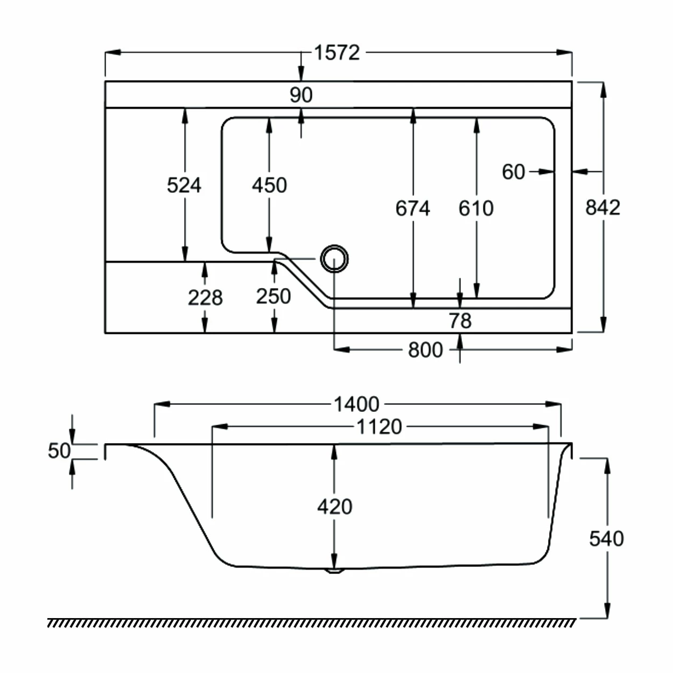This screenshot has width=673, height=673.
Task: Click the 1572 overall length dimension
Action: pos(336,53)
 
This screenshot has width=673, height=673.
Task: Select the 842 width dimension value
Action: pos(603,207)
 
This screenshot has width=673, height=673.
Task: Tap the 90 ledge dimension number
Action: pos(301,95)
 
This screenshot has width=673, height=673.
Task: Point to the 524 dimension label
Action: pos(184,185)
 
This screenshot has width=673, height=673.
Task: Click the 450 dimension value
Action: pos(269,185)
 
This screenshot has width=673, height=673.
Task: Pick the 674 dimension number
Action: pos(413,208)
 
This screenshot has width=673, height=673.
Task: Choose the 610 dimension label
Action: pos(476,208)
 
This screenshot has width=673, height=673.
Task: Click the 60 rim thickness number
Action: pos(514,172)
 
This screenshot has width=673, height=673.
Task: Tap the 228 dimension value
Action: pos(205,298)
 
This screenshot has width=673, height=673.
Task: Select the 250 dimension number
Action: pos(274,297)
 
